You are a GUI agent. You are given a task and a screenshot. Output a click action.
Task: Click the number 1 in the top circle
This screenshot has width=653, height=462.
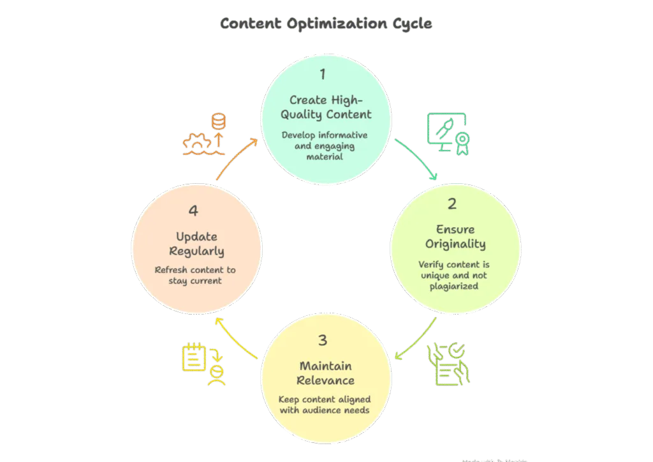pyautogui.click(x=323, y=74)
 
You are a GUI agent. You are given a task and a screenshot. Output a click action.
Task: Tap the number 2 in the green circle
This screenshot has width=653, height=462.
pyautogui.click(x=452, y=204)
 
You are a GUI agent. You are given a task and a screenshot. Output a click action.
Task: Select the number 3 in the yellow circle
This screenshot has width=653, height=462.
pyautogui.click(x=323, y=340)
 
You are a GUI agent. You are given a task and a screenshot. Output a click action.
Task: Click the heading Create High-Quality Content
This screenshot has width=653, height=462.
pyautogui.click(x=326, y=107)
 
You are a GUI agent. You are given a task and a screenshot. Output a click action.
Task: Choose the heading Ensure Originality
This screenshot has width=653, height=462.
pyautogui.click(x=455, y=236)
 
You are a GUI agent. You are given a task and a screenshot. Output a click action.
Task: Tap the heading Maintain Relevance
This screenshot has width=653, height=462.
pyautogui.click(x=326, y=373)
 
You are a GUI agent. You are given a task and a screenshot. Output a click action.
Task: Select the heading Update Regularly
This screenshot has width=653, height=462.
pyautogui.click(x=196, y=244)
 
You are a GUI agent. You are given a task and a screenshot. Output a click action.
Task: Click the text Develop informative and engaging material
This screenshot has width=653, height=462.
pyautogui.click(x=325, y=145)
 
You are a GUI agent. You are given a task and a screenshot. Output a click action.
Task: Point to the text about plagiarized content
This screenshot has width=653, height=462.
pyautogui.click(x=455, y=275)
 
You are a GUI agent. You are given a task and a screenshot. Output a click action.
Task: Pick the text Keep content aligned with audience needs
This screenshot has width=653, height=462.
pyautogui.click(x=325, y=405)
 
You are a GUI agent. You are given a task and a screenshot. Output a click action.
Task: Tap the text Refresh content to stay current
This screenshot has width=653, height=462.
pyautogui.click(x=195, y=275)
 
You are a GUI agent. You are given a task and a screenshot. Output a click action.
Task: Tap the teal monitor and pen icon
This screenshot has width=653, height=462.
pyautogui.click(x=448, y=135)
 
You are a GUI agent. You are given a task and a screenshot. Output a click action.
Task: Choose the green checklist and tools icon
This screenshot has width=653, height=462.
pyautogui.click(x=451, y=364)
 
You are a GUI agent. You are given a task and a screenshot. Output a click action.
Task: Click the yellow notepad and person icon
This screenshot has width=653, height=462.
pyautogui.click(x=203, y=364)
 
